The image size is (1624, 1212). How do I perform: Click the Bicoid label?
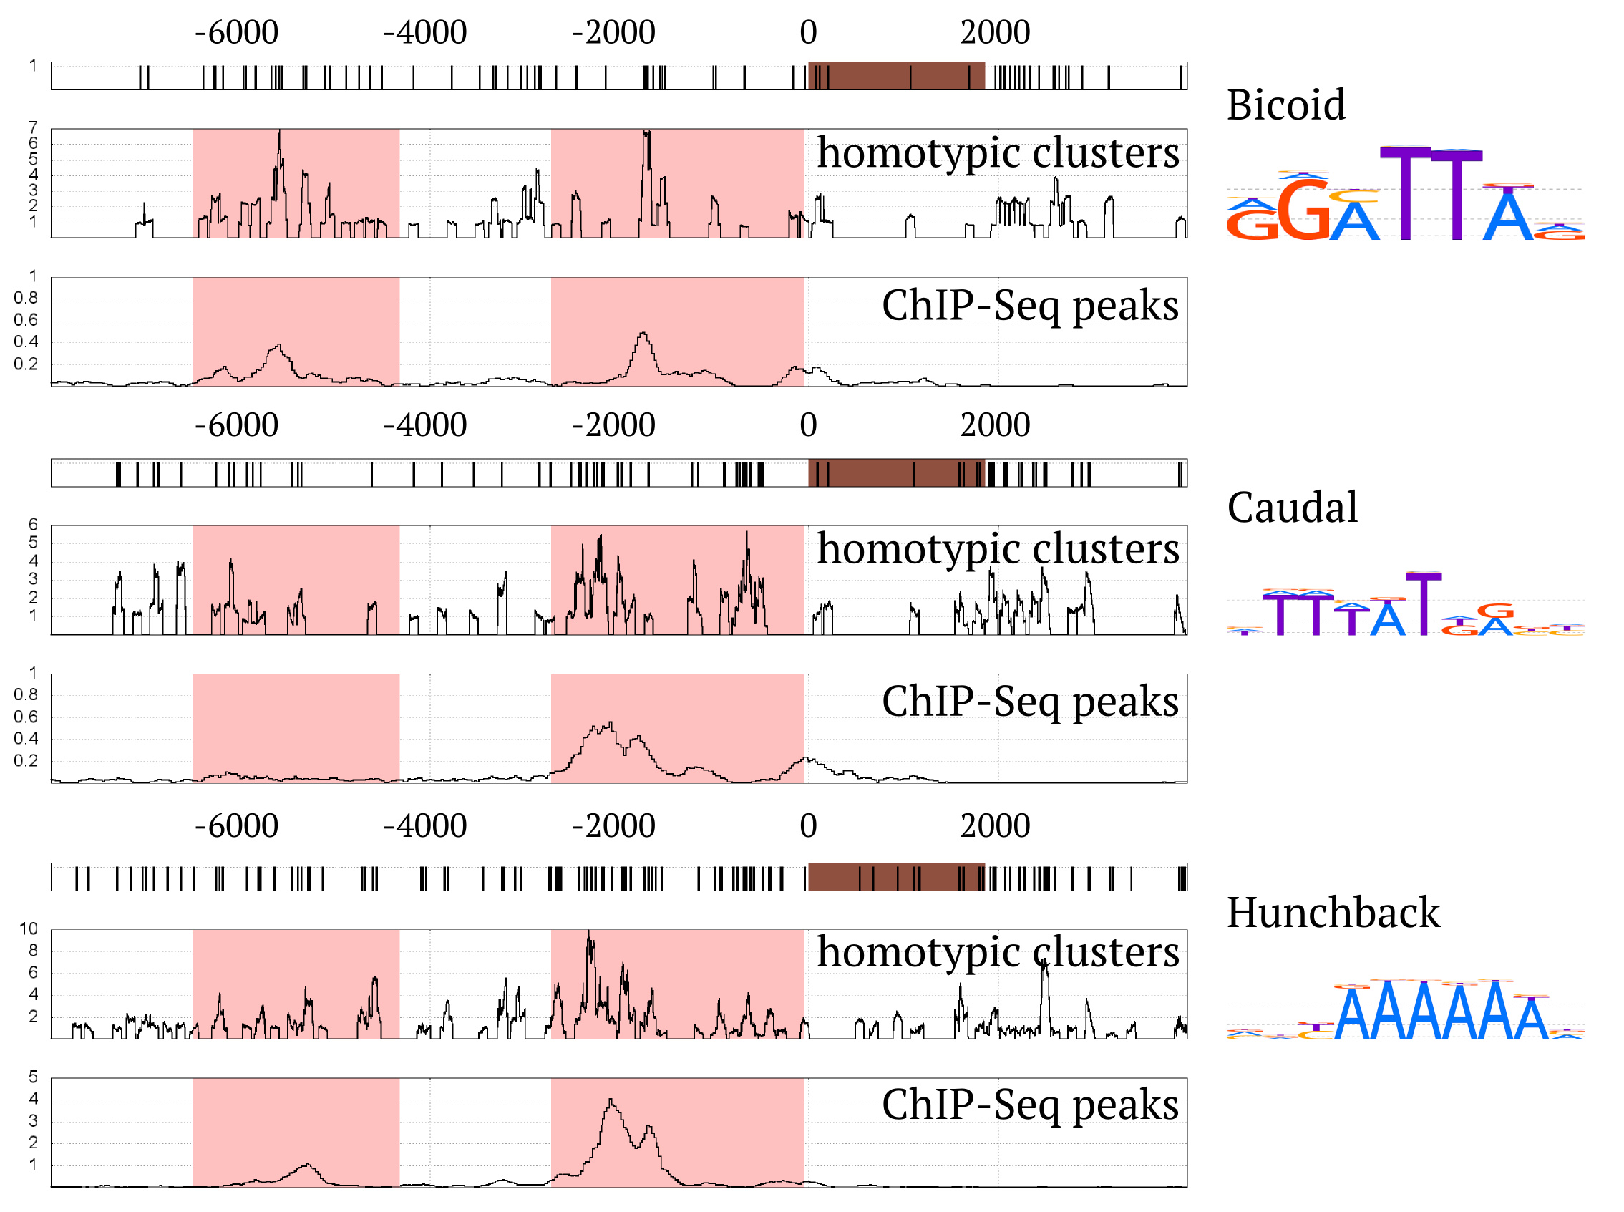(x=1285, y=105)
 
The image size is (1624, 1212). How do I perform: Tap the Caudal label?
(x=1292, y=507)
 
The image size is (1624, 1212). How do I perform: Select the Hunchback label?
(x=1333, y=912)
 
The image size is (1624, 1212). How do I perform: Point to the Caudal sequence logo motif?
(x=1404, y=605)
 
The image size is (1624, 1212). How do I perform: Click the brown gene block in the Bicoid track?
(x=895, y=77)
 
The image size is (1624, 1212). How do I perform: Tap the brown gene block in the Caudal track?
(x=895, y=473)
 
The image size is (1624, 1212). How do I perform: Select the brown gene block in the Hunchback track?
(x=895, y=877)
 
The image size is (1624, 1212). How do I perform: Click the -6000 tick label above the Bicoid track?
(x=236, y=32)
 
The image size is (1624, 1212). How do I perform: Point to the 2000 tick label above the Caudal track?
(x=995, y=425)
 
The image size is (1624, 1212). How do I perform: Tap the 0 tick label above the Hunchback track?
(x=807, y=826)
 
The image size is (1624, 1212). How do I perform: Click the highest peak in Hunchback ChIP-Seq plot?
(x=611, y=1099)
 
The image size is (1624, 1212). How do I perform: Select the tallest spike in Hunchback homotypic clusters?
(x=588, y=932)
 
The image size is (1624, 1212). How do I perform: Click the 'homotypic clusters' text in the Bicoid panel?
(x=998, y=152)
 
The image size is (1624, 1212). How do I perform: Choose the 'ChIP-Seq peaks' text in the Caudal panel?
(x=1029, y=701)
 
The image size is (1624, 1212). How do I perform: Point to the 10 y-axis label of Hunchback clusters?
(x=28, y=929)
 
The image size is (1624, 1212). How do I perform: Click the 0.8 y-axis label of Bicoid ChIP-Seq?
(x=26, y=298)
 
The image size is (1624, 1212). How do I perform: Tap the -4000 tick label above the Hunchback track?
(x=424, y=826)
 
